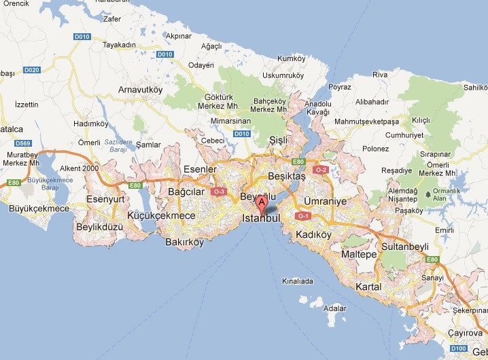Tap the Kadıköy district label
313,235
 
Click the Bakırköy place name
184,242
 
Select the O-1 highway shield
303,216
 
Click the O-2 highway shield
321,169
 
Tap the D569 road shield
24,143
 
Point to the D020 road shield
31,69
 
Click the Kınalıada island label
298,281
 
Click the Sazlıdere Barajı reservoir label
119,145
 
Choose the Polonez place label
375,148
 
